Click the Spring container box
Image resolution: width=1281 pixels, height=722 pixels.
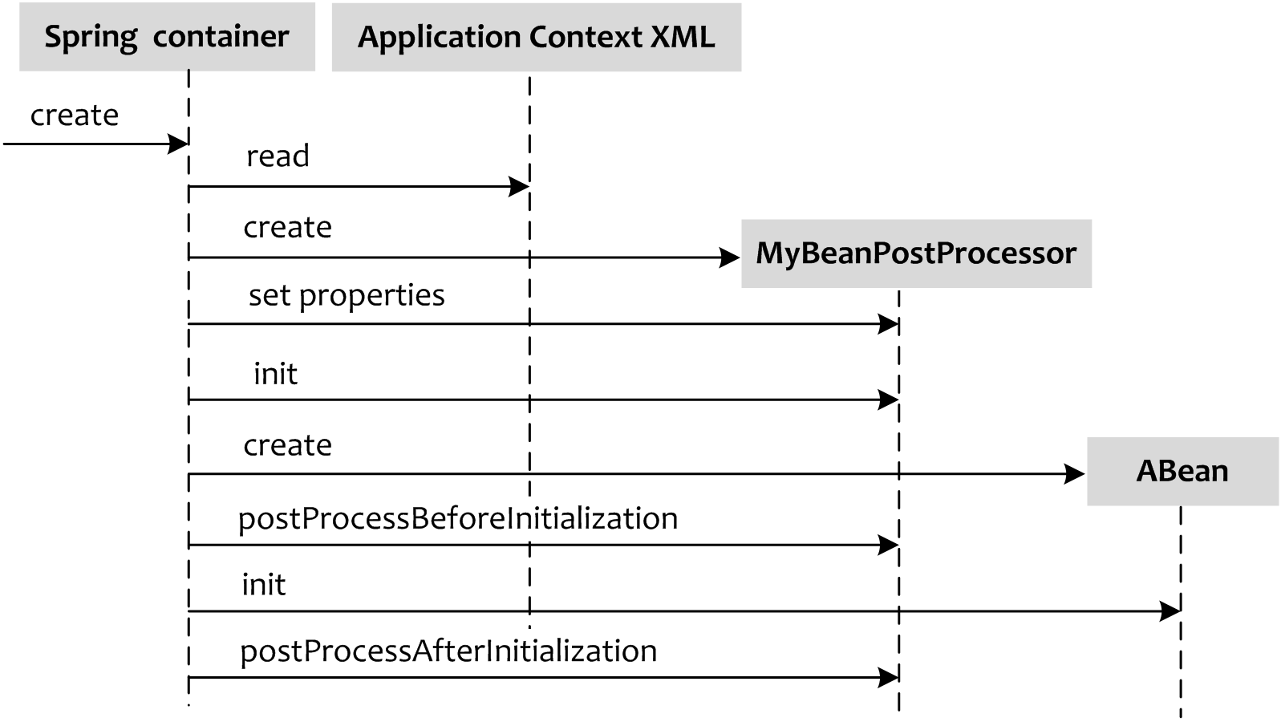[167, 37]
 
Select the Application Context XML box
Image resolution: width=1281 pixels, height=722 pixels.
[536, 38]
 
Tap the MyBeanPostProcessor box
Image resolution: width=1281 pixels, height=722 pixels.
[915, 254]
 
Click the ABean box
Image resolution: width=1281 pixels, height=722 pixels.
[1182, 471]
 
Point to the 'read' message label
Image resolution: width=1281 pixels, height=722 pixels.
[277, 156]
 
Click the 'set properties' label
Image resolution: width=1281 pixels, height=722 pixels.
[346, 295]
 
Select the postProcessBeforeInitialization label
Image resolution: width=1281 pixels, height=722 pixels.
[457, 518]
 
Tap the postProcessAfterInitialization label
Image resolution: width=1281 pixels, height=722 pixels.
[448, 651]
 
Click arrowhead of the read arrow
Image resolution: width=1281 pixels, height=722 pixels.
[520, 187]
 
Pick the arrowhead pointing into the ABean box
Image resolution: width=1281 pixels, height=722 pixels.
[1076, 474]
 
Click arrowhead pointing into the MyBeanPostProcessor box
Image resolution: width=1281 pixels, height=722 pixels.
[730, 258]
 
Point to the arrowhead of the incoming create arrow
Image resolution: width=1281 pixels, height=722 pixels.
[178, 144]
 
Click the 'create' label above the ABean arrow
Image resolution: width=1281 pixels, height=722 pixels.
[287, 445]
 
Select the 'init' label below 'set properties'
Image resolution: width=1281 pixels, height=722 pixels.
[275, 374]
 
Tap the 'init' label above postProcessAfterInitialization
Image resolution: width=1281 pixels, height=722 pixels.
[263, 585]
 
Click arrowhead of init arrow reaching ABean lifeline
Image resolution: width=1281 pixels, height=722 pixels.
[1171, 611]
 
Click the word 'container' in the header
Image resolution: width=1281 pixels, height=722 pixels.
[221, 37]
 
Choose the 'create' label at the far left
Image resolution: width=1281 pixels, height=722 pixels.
[74, 116]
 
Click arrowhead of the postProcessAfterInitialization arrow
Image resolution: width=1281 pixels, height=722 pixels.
[889, 678]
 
